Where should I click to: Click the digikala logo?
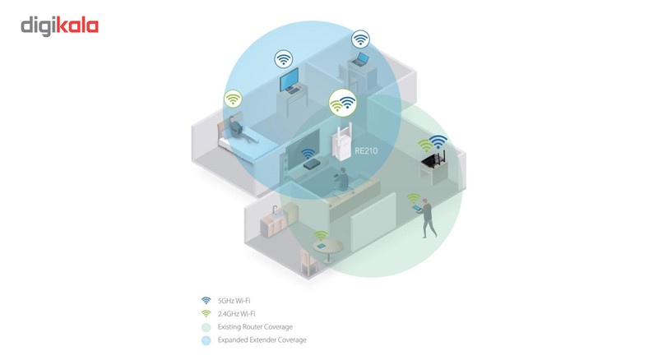click(59, 26)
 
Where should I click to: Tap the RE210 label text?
click(366, 150)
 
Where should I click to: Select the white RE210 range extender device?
click(341, 141)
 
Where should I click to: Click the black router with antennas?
click(433, 159)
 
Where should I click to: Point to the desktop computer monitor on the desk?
click(290, 79)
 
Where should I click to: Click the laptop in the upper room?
click(360, 60)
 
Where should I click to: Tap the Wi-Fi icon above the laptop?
click(360, 39)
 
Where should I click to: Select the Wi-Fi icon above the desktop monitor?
click(284, 58)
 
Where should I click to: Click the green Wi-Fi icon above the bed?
click(233, 99)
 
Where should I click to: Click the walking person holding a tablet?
click(427, 218)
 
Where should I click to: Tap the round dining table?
click(327, 250)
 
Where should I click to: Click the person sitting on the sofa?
click(342, 178)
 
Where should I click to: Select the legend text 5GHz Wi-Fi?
click(234, 301)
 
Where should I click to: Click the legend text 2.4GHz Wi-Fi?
click(236, 314)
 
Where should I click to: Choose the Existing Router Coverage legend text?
click(255, 327)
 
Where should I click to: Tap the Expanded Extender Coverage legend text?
click(262, 339)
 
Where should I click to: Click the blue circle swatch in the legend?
click(206, 340)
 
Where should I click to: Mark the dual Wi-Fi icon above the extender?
click(343, 103)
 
